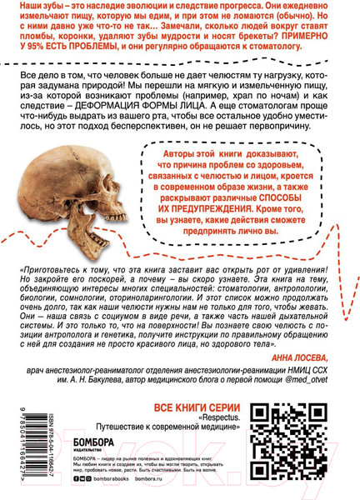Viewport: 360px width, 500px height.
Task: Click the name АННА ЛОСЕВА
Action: pyautogui.click(x=313, y=353)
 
